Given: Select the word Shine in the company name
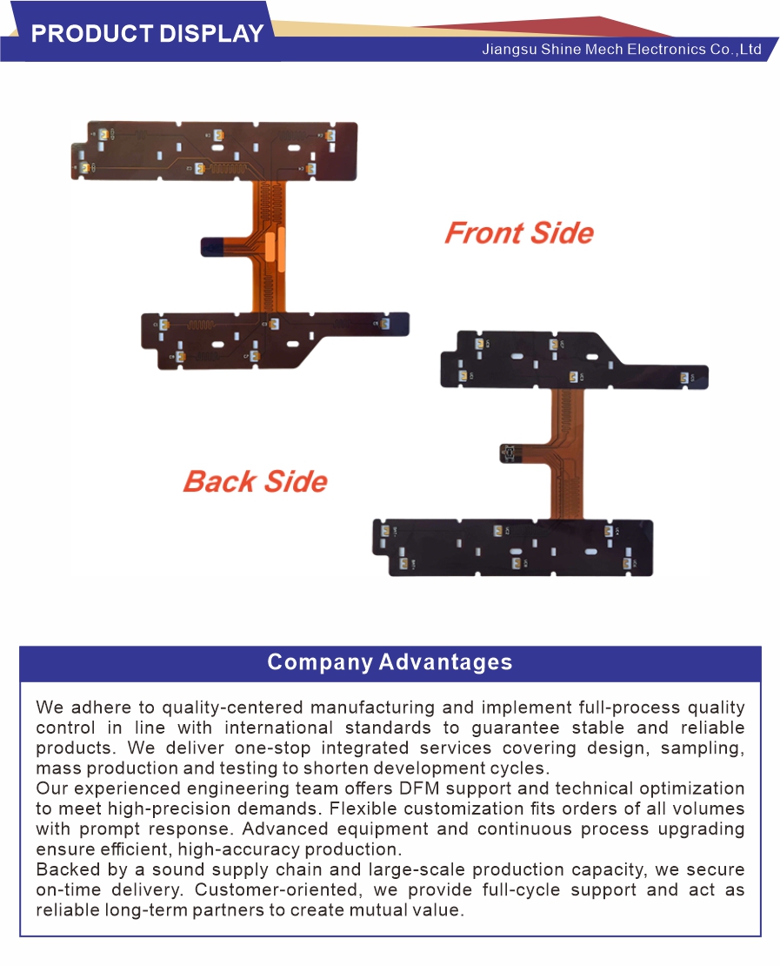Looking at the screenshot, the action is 561,50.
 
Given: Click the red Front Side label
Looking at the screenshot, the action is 519,233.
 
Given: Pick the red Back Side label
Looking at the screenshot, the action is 256,481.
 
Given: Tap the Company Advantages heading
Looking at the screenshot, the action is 390,661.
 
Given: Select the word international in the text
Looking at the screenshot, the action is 278,728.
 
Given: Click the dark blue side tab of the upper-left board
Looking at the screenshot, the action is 214,247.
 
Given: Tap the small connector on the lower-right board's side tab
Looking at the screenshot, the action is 509,453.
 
